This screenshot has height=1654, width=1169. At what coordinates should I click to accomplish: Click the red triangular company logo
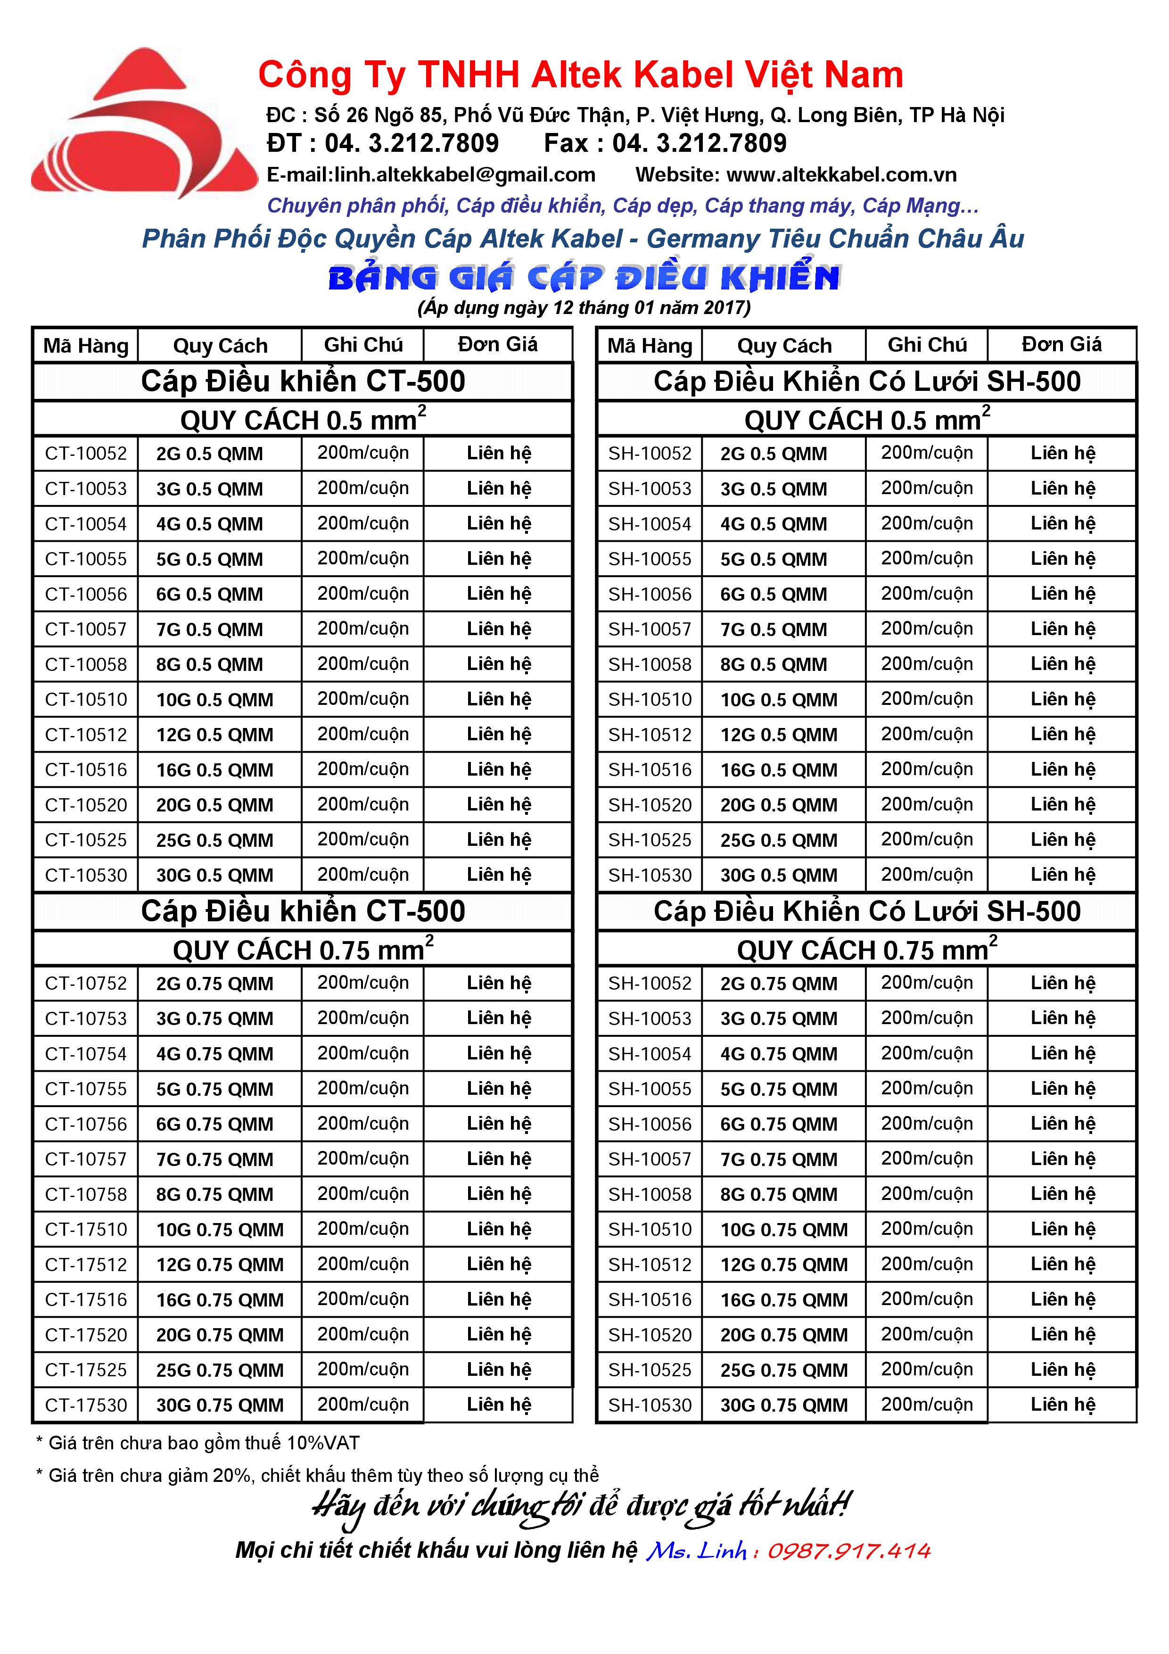(144, 126)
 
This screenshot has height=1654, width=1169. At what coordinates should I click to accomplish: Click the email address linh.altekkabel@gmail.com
(431, 174)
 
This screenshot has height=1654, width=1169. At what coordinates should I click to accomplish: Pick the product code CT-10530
(86, 875)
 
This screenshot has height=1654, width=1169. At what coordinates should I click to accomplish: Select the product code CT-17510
(86, 1229)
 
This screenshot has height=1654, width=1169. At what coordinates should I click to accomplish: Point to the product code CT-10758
(86, 1194)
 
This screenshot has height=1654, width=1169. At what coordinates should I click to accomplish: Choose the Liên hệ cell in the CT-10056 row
(498, 594)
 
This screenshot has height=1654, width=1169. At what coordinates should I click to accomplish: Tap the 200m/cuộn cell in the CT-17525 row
(363, 1369)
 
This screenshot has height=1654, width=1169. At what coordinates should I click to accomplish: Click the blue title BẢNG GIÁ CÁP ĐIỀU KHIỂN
(584, 278)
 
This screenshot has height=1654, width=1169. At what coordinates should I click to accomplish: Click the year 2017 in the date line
(724, 307)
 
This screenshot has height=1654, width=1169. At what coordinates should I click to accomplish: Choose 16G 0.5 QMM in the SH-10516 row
(779, 770)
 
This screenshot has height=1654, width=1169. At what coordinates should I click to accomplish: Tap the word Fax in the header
(566, 143)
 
